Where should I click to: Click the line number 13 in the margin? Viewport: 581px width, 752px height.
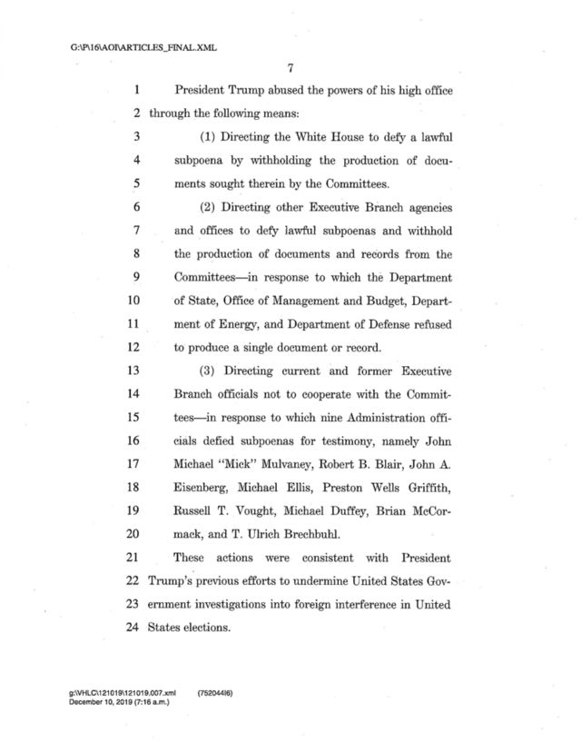tap(128, 371)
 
